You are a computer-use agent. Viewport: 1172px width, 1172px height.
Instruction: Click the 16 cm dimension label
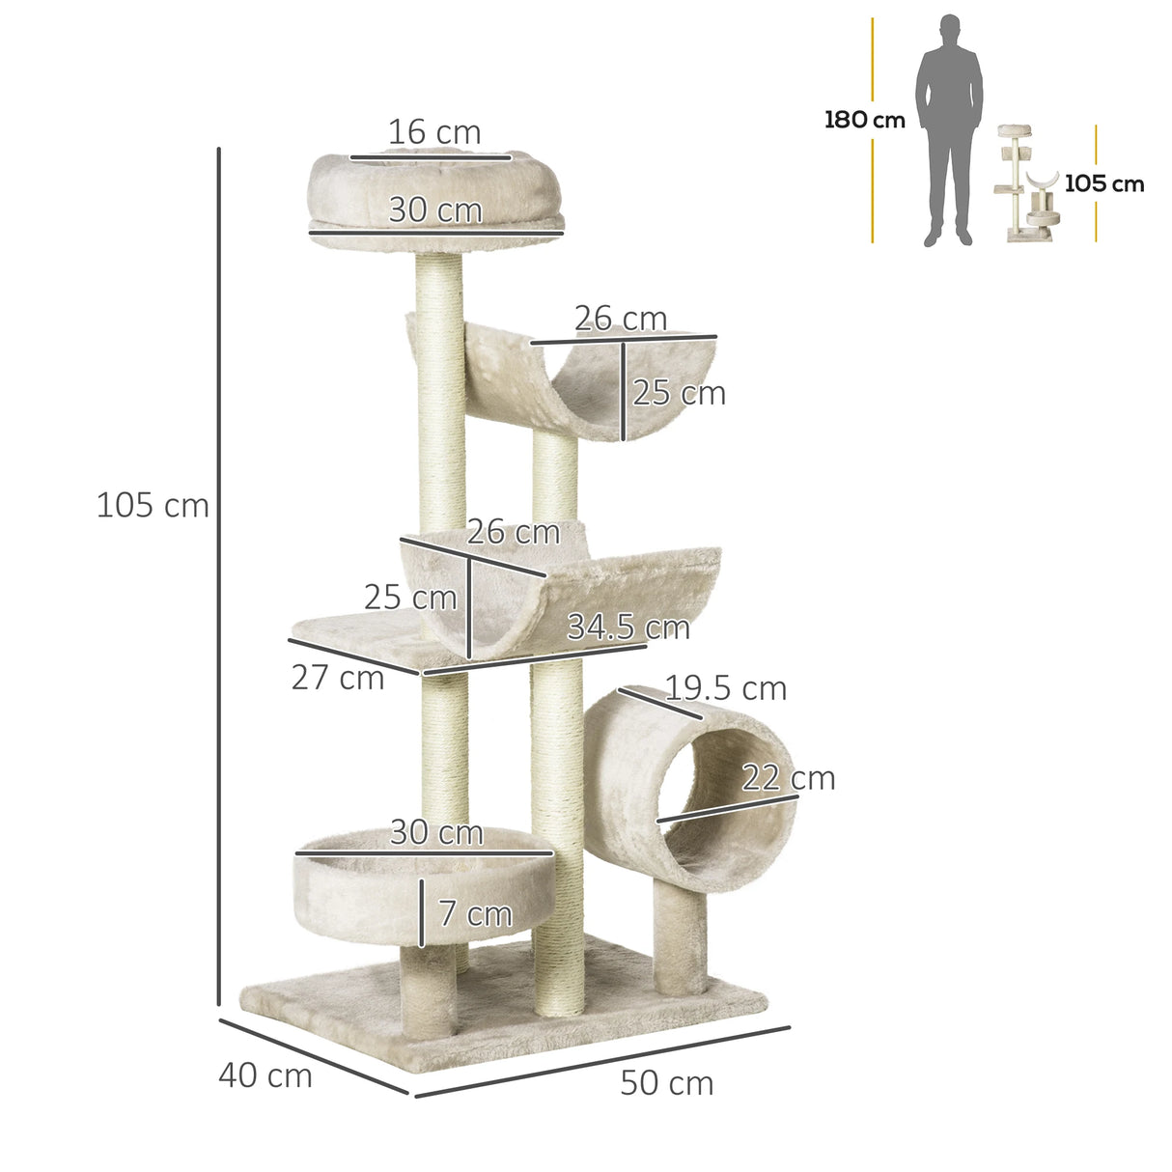[x=434, y=132]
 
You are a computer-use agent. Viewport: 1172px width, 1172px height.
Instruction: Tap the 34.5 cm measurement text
[x=628, y=628]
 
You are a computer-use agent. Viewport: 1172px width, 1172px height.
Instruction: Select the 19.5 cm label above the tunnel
[x=726, y=688]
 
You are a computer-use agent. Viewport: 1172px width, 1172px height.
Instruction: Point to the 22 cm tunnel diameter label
[x=788, y=778]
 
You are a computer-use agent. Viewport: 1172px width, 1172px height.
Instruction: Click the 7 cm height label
[x=475, y=913]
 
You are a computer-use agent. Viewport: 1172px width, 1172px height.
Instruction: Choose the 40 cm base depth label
[x=265, y=1075]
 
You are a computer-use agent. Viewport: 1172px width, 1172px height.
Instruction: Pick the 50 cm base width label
[x=666, y=1083]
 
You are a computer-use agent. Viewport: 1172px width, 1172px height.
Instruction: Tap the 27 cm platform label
[x=338, y=678]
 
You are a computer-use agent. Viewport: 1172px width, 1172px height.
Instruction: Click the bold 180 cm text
[x=864, y=121]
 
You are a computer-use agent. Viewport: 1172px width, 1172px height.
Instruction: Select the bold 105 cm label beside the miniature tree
[x=1103, y=183]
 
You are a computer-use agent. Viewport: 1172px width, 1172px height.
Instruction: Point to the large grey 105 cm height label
[x=153, y=505]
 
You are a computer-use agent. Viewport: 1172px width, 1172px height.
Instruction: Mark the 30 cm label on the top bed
[x=434, y=210]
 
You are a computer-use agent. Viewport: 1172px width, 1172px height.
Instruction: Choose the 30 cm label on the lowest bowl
[x=436, y=832]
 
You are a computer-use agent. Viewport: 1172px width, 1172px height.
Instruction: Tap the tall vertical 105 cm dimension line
[x=220, y=579]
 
